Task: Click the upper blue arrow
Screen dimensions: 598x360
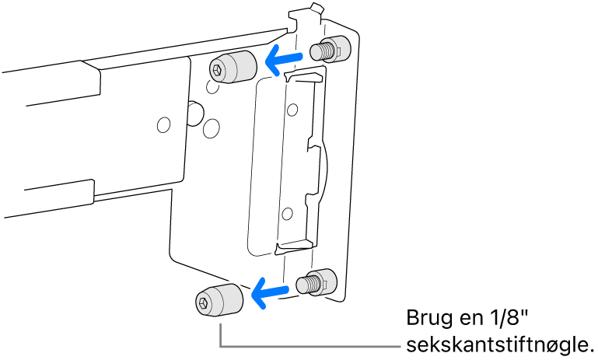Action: pyautogui.click(x=284, y=60)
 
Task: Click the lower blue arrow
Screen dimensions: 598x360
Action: pyautogui.click(x=270, y=292)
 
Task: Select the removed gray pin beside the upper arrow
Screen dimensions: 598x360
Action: pyautogui.click(x=233, y=67)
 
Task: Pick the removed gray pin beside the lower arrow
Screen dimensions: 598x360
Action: pyautogui.click(x=219, y=300)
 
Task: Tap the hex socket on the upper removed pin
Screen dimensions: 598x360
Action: pyautogui.click(x=216, y=70)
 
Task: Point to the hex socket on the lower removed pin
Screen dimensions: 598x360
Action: pyautogui.click(x=201, y=303)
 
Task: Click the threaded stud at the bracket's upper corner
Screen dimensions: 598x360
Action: pyautogui.click(x=330, y=49)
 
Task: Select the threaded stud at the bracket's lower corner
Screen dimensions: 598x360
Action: pyautogui.click(x=316, y=281)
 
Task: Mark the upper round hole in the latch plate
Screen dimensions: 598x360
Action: pyautogui.click(x=292, y=110)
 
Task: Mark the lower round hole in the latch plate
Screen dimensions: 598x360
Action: pyautogui.click(x=287, y=214)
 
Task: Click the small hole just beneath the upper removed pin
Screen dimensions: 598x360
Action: pyautogui.click(x=213, y=87)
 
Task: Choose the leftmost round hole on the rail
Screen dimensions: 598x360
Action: pyautogui.click(x=164, y=124)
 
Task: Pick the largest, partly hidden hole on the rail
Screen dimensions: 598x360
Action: pyautogui.click(x=197, y=114)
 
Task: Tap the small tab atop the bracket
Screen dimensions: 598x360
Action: pyautogui.click(x=316, y=7)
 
